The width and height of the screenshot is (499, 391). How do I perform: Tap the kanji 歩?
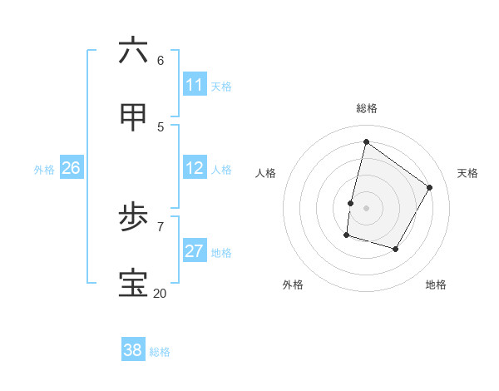point(133,218)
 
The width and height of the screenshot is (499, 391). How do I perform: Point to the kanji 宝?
point(133,284)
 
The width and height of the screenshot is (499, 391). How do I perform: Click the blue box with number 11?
point(195,85)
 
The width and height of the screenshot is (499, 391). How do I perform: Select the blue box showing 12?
point(195,168)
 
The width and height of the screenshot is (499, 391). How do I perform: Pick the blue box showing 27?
point(195,251)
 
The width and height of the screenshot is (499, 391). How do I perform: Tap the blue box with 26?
point(71,168)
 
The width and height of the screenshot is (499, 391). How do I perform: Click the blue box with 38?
point(133,350)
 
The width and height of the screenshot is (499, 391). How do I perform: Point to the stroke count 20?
point(160,294)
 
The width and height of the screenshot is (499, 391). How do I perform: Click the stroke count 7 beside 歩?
point(161,226)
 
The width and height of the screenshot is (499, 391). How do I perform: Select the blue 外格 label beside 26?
point(44,170)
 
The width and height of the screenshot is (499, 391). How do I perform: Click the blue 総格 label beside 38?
point(160,352)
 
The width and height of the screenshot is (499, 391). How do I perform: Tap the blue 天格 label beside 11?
point(221,87)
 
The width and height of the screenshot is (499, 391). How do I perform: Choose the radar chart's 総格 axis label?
point(367,108)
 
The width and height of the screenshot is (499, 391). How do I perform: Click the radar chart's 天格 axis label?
point(467,173)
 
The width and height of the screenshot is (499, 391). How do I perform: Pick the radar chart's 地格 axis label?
point(436,285)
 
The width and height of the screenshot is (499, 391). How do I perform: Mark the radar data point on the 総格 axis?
point(366,141)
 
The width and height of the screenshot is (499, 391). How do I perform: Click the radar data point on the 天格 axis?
point(429,188)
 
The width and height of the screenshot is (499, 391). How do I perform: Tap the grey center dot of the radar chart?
point(366,208)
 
